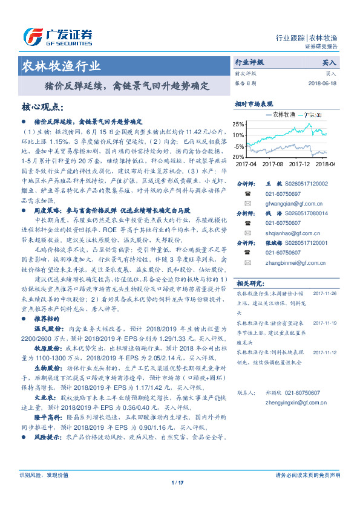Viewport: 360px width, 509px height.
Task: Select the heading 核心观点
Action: tap(42, 107)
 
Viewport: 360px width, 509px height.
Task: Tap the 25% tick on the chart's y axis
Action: tap(240, 125)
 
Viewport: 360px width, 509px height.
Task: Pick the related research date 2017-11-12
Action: tap(327, 351)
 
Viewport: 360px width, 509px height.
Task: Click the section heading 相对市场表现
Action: tap(254, 104)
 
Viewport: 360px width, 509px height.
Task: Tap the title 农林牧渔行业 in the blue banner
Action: tap(61, 66)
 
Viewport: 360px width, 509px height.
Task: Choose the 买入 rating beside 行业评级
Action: tap(329, 62)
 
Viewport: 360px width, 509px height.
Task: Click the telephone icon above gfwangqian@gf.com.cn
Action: tap(247, 194)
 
